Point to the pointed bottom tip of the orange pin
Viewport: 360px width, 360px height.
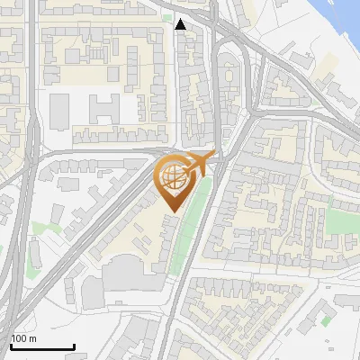[172, 211]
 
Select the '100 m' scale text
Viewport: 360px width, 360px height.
[23, 338]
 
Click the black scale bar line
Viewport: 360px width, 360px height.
[42, 346]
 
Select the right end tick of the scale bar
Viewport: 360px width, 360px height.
[74, 346]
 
